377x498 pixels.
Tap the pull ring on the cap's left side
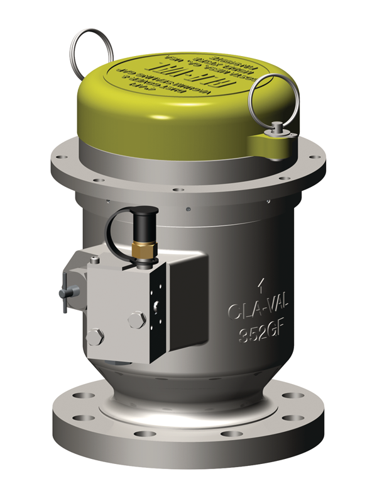click(90, 47)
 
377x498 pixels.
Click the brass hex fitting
click(143, 251)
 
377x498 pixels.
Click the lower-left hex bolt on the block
click(95, 337)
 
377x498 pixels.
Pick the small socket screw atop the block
click(94, 259)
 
